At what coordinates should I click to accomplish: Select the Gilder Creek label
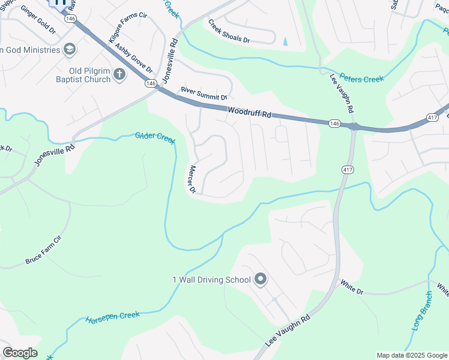tap(155, 137)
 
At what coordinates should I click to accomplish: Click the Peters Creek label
tap(361, 78)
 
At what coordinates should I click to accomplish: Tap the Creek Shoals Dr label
tap(229, 32)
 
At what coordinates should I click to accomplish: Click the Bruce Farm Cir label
tap(43, 250)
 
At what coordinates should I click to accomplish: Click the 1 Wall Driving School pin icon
tap(261, 280)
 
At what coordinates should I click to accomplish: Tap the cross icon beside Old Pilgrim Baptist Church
tap(119, 74)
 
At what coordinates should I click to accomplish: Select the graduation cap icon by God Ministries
tap(70, 49)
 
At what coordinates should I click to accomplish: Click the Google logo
tap(20, 353)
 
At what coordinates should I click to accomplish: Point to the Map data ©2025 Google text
tap(412, 355)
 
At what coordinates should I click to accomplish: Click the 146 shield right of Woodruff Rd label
tap(335, 123)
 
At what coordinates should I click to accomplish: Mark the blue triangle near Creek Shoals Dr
tap(285, 41)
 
